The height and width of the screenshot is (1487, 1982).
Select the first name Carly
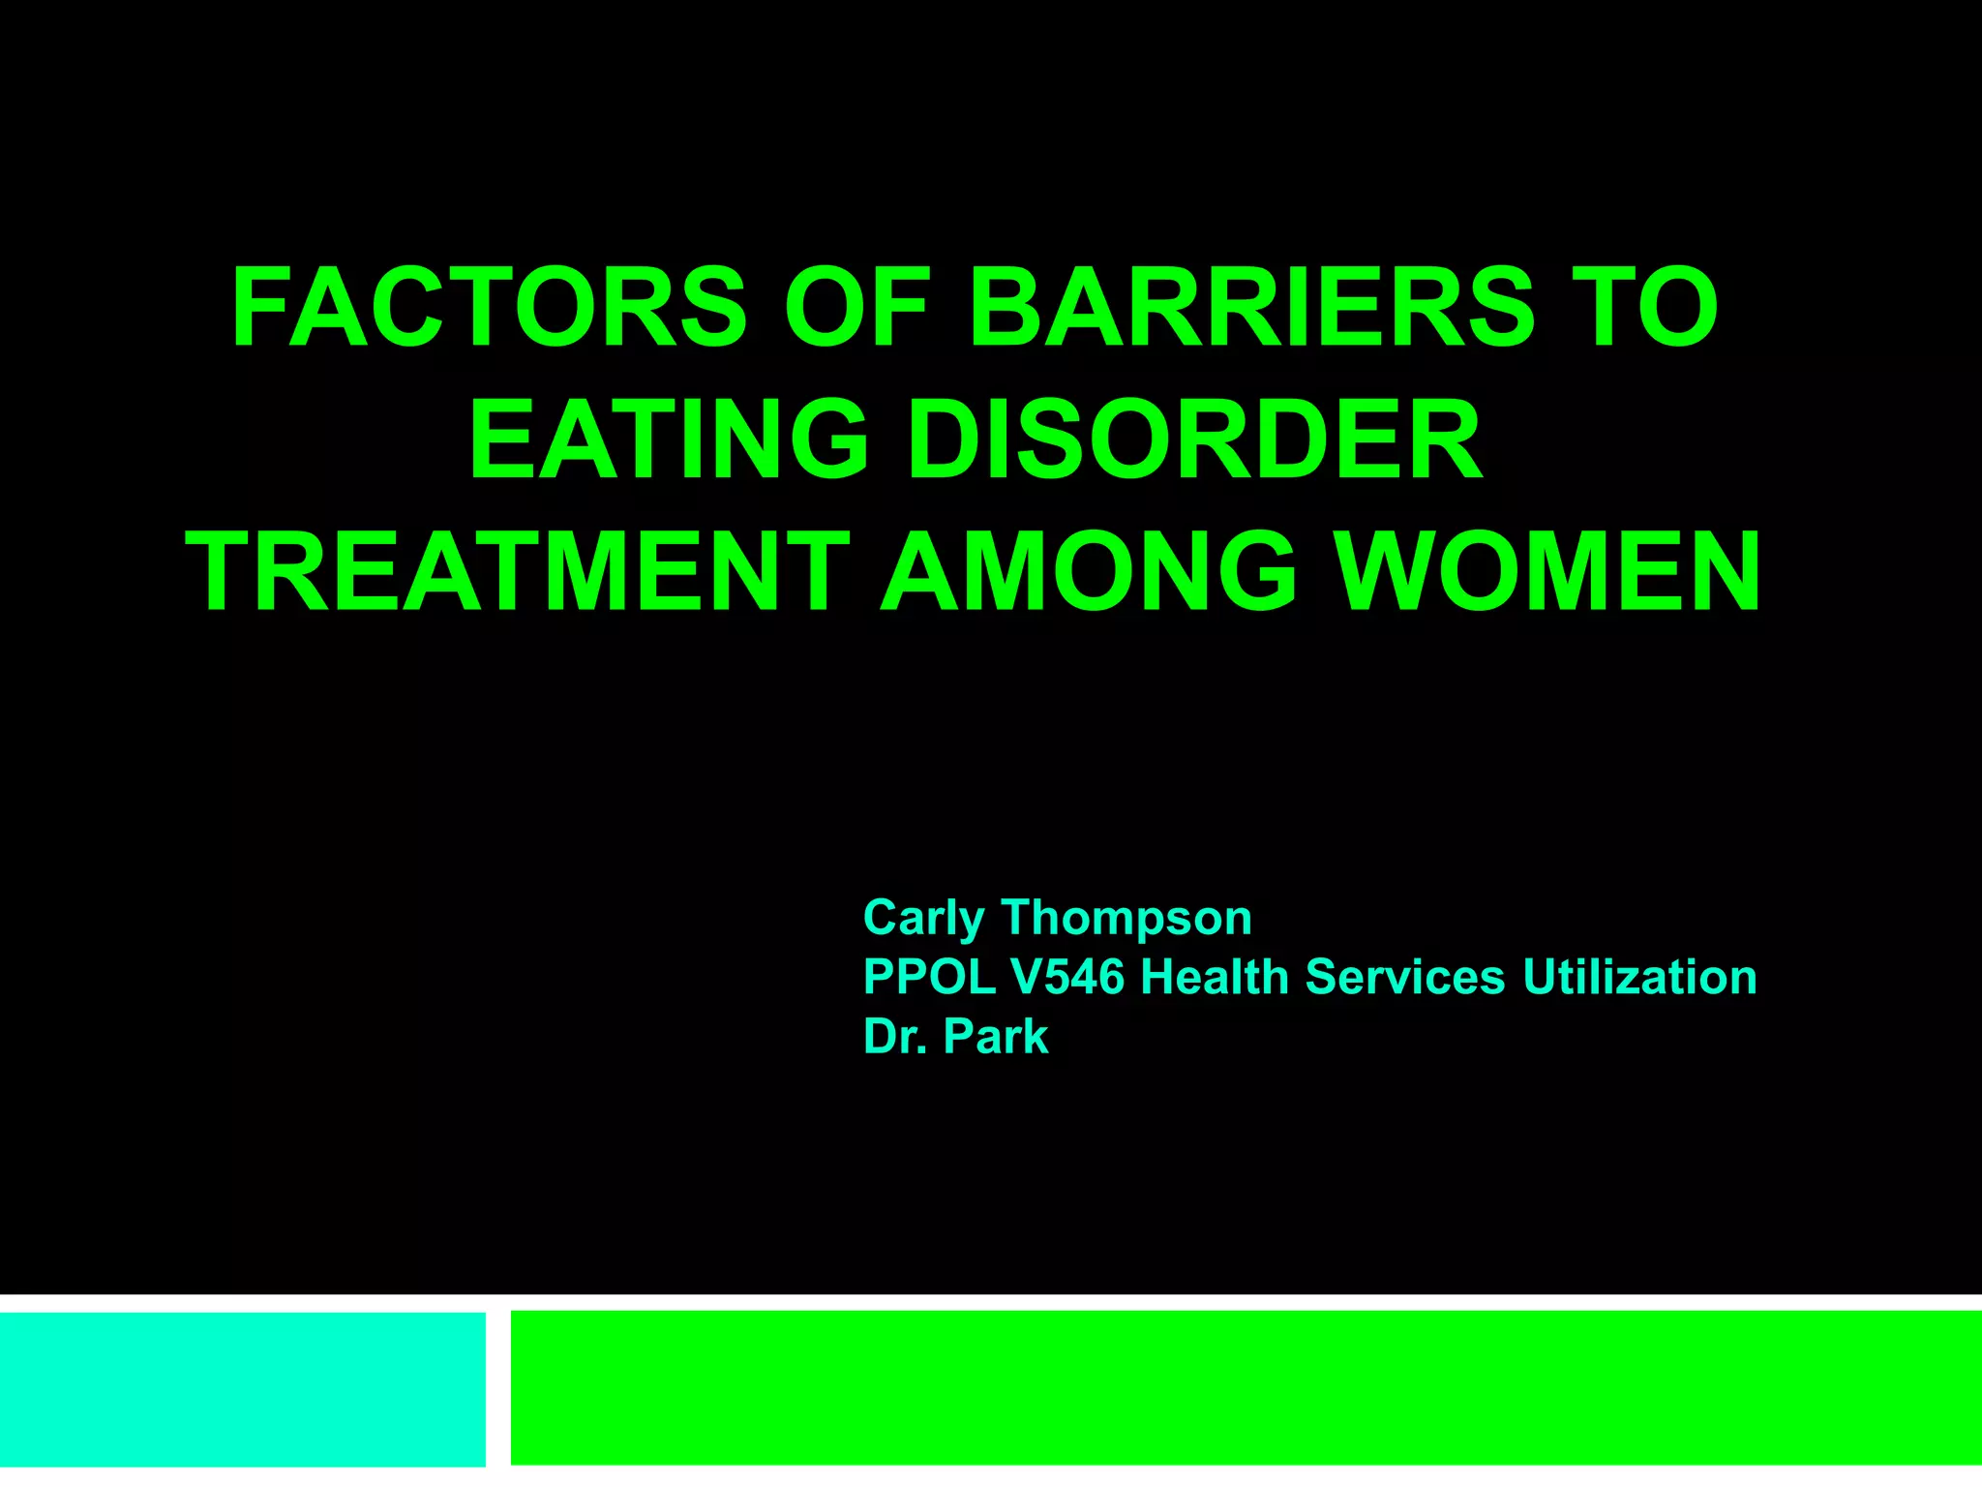923,918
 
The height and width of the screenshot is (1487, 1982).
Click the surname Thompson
1126,918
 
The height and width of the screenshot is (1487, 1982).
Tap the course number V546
1067,976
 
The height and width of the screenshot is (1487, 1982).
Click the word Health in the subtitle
1214,976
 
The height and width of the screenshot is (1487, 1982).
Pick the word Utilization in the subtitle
1639,976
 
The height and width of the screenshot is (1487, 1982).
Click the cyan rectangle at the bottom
242,1388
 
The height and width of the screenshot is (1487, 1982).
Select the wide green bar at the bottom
1246,1386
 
